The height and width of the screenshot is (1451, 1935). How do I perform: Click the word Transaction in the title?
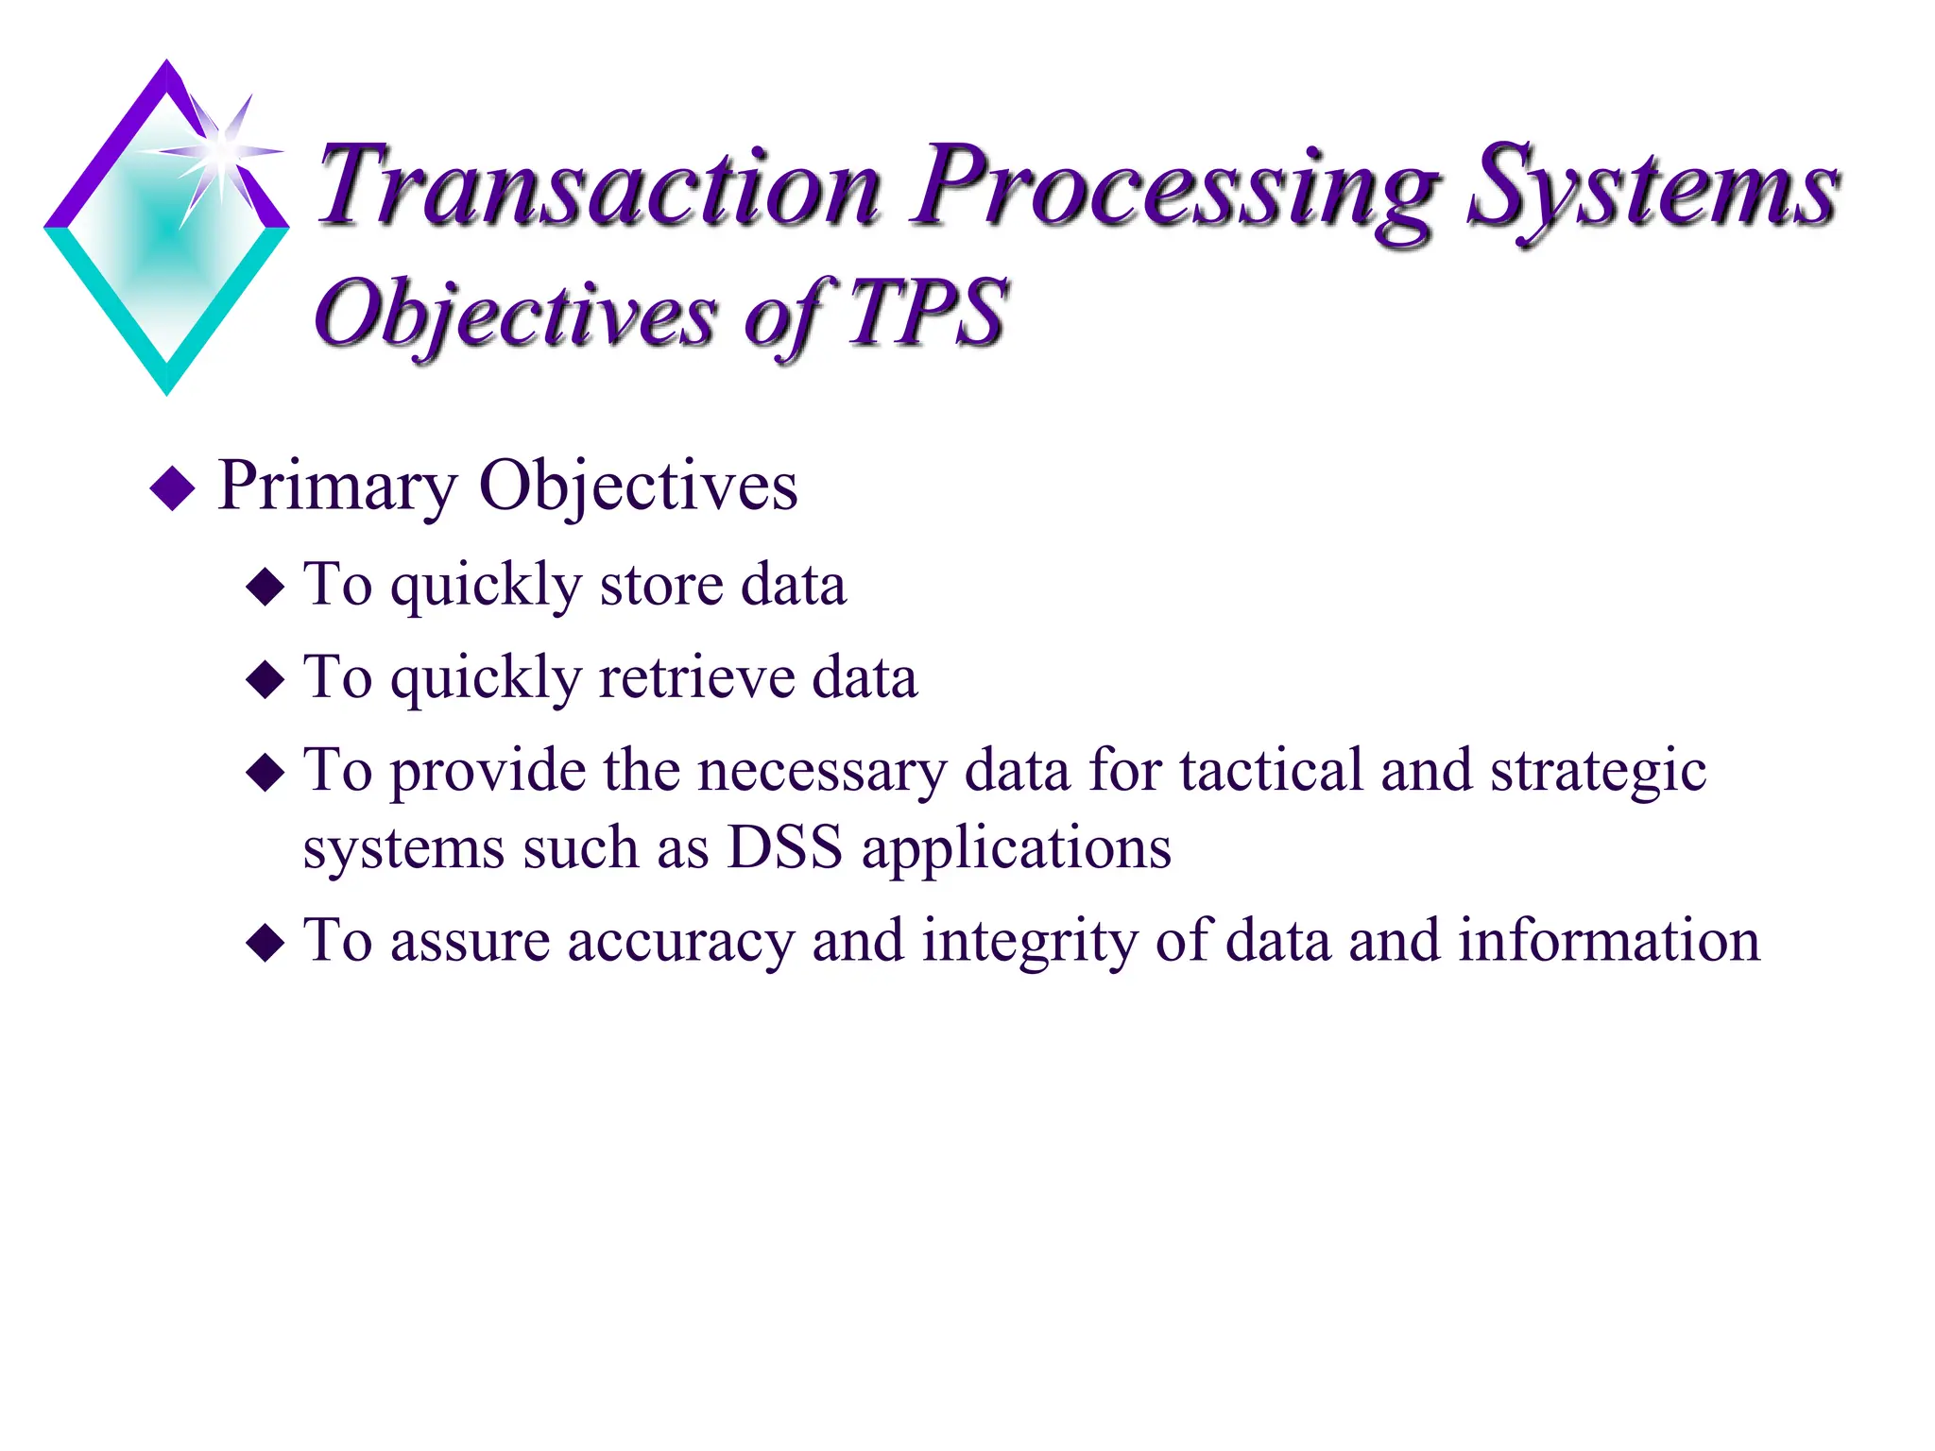(599, 185)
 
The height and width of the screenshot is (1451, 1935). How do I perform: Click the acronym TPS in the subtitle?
(926, 312)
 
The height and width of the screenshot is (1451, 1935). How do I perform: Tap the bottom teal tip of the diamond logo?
(167, 383)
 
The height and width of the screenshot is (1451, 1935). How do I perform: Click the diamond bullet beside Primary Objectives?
(173, 488)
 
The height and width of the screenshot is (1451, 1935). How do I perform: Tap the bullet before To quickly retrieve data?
(265, 679)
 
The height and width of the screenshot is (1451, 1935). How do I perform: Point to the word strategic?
(1598, 773)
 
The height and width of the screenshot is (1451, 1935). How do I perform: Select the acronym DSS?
(784, 846)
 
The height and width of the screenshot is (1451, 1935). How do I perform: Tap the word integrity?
(1029, 943)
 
